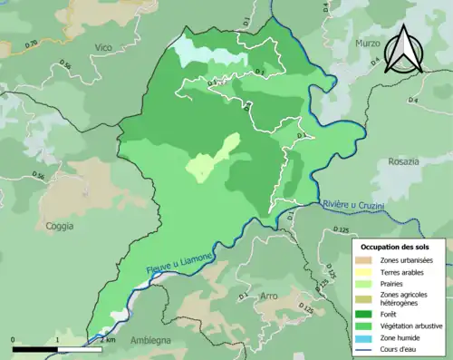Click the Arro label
point(269,297)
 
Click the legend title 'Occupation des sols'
point(398,247)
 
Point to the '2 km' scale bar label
point(108,339)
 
